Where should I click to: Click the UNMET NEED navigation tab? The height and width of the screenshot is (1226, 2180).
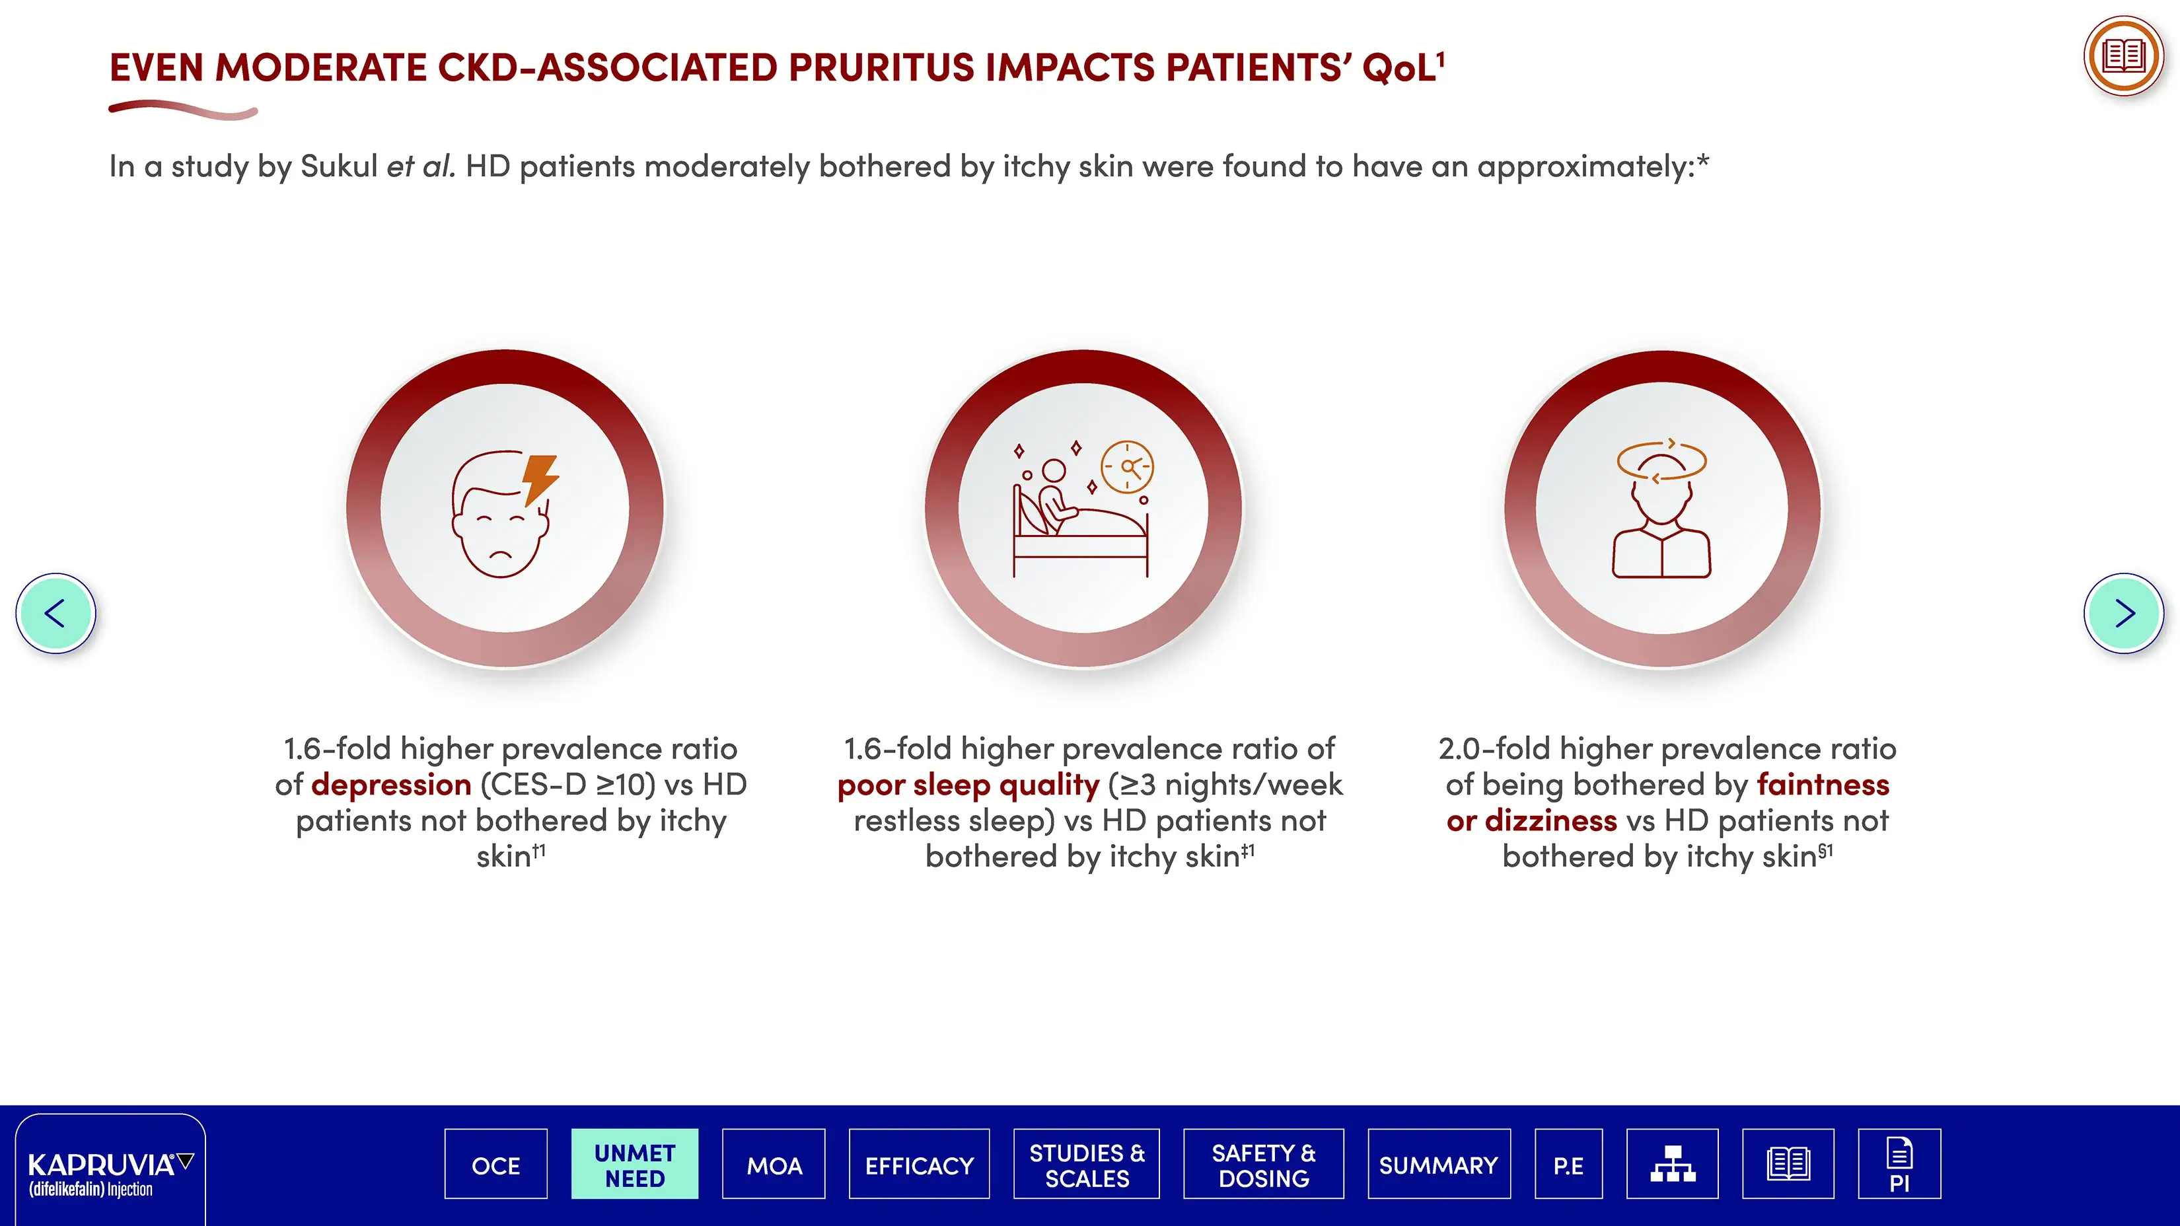point(635,1164)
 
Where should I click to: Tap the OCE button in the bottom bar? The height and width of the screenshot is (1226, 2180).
point(496,1164)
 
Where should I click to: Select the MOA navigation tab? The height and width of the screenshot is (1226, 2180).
point(774,1164)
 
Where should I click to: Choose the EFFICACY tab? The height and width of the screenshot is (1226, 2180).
point(919,1164)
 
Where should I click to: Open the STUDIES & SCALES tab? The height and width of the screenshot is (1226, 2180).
point(1087,1164)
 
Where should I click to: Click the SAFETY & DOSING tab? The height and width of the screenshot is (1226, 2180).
point(1264,1164)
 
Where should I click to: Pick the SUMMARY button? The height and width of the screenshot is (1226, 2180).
point(1439,1164)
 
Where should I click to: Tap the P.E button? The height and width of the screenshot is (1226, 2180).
point(1569,1164)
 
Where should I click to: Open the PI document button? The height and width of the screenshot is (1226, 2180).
point(1900,1164)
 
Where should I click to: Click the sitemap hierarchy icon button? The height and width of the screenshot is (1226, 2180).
point(1672,1164)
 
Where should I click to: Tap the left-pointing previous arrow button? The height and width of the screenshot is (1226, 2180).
point(56,614)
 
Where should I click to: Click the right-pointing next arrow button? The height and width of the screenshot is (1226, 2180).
point(2124,614)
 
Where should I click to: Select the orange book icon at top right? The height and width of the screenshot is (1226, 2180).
point(2124,57)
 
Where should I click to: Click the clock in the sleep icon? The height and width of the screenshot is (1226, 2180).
point(1127,466)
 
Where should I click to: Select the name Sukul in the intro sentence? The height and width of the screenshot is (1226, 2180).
point(338,166)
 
